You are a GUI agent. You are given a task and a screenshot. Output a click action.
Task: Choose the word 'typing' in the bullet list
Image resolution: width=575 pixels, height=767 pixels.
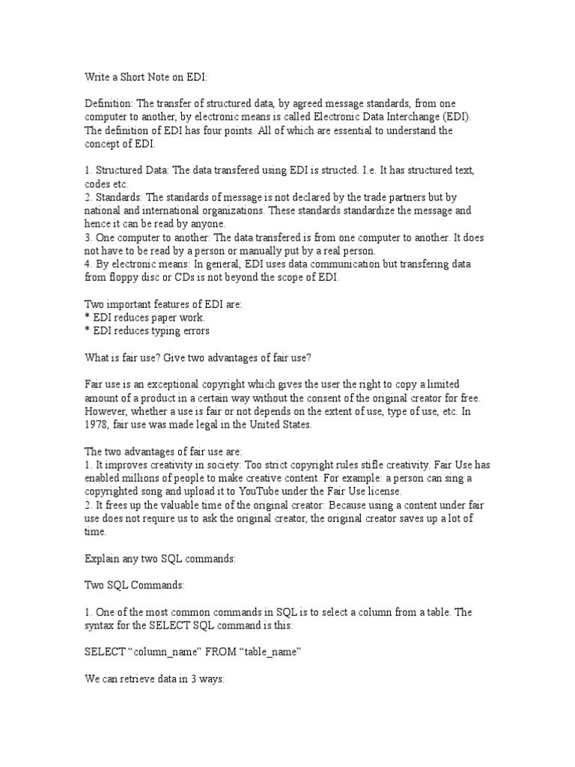tap(161, 330)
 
